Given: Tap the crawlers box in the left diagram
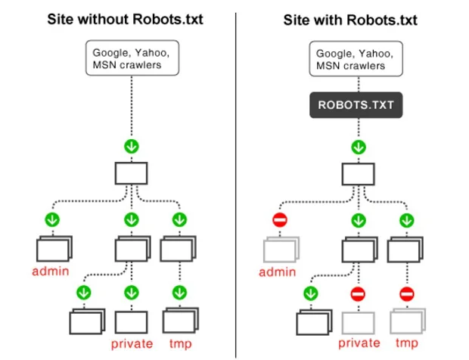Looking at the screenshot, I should pyautogui.click(x=134, y=59).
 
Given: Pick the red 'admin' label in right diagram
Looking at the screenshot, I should pyautogui.click(x=279, y=271).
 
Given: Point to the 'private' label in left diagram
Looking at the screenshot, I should pyautogui.click(x=133, y=343).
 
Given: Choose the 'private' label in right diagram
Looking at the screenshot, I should pyautogui.click(x=359, y=343).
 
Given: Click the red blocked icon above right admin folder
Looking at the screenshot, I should pyautogui.click(x=279, y=221).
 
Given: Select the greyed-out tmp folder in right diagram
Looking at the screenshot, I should pyautogui.click(x=406, y=321).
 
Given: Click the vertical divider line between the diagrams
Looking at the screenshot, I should pyautogui.click(x=237, y=182).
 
